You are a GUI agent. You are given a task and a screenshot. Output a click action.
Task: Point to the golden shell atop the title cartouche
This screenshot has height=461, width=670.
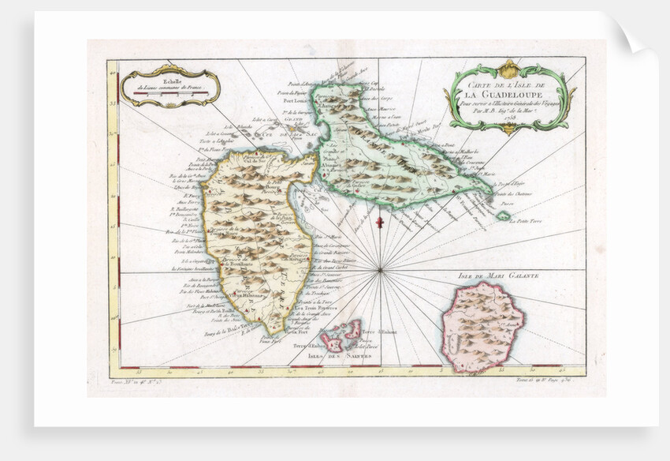(509, 67)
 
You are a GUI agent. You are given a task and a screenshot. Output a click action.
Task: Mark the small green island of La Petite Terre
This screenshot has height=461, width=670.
(502, 216)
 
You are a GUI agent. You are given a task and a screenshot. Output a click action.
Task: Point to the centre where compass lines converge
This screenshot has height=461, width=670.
(380, 271)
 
